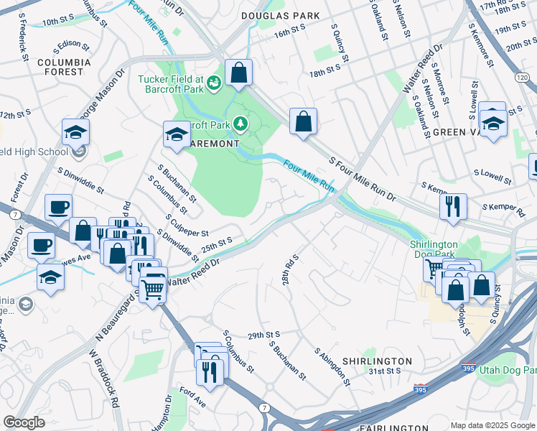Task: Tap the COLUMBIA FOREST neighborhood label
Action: tap(64, 67)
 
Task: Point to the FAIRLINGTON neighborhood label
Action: tap(380, 427)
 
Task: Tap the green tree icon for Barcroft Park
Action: tap(239, 125)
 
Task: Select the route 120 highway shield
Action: tap(528, 76)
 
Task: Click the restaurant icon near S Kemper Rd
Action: tap(453, 205)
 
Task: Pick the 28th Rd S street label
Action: tap(290, 267)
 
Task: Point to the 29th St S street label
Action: tap(263, 335)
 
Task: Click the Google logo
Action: tap(24, 422)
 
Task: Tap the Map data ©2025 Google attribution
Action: tap(492, 425)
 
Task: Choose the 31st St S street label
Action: tap(384, 371)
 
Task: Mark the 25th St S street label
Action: tap(217, 244)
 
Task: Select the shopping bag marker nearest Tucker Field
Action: tap(238, 73)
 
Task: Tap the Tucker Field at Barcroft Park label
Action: tap(172, 84)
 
